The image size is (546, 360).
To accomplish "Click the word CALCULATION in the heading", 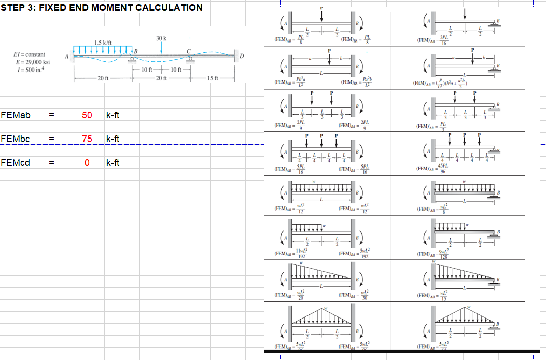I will coord(170,7).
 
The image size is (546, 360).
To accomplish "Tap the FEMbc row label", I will coord(15,139).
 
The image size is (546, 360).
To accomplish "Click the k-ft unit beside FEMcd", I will coord(113,163).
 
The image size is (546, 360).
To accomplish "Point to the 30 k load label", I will coord(161,38).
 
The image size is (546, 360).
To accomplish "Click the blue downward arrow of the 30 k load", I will coord(161,47).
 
